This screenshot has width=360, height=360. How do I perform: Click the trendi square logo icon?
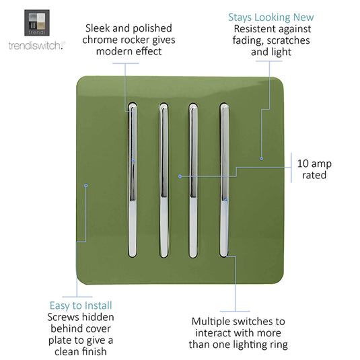click(37, 23)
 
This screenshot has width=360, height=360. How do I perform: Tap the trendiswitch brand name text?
click(37, 46)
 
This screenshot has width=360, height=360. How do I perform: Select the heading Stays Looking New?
click(271, 17)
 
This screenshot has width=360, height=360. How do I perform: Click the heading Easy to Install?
click(81, 305)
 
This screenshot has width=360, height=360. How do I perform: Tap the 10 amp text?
click(314, 164)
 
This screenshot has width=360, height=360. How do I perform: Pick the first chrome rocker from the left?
click(133, 180)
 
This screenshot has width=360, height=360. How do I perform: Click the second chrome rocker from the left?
click(164, 180)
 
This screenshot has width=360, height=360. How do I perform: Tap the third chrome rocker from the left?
click(193, 180)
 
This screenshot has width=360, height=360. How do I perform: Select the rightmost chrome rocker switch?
click(224, 180)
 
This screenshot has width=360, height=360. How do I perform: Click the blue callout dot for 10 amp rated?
click(180, 176)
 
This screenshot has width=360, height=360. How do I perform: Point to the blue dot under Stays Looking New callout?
click(261, 158)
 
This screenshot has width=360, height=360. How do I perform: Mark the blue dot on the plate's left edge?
click(86, 185)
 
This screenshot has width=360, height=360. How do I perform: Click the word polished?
click(152, 29)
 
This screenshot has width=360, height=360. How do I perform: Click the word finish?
click(93, 351)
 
